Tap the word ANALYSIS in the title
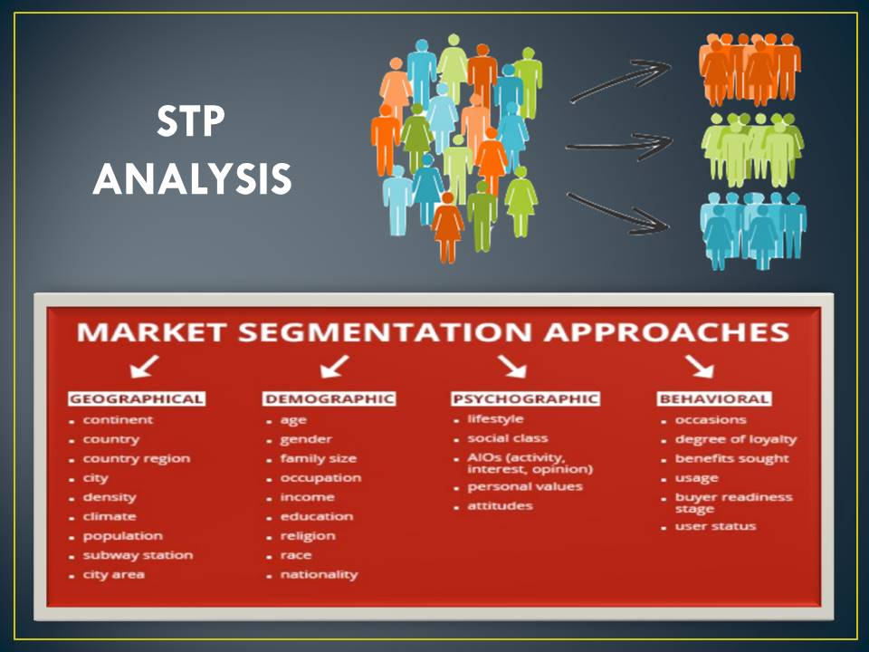pyautogui.click(x=192, y=178)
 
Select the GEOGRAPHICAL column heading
pyautogui.click(x=137, y=398)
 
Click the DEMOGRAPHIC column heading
pyautogui.click(x=329, y=398)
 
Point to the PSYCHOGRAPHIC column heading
pyautogui.click(x=525, y=398)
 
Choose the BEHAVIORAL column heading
pyautogui.click(x=714, y=398)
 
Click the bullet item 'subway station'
pyautogui.click(x=138, y=555)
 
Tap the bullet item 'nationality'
pyautogui.click(x=320, y=575)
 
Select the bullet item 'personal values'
pyautogui.click(x=525, y=487)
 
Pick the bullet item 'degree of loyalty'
pyautogui.click(x=735, y=440)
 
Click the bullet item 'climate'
pyautogui.click(x=110, y=516)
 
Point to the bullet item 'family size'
pyautogui.click(x=318, y=458)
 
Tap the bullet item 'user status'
pyautogui.click(x=715, y=526)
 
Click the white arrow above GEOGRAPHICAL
pyautogui.click(x=145, y=367)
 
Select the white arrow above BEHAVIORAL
pyautogui.click(x=700, y=367)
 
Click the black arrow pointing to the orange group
pyautogui.click(x=621, y=81)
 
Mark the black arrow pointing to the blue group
pyautogui.click(x=618, y=214)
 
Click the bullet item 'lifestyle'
pyautogui.click(x=495, y=419)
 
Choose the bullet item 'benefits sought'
pyautogui.click(x=731, y=458)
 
